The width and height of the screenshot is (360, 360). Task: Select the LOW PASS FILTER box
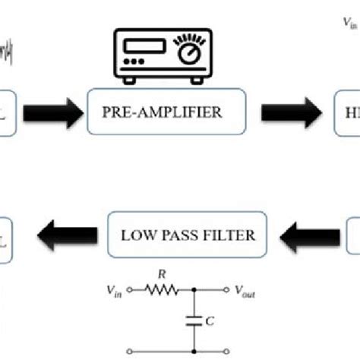(190, 235)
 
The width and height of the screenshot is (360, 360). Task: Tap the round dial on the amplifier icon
(186, 52)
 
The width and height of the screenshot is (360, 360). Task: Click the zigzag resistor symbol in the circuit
(163, 289)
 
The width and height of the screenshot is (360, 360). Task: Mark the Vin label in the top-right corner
(349, 24)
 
